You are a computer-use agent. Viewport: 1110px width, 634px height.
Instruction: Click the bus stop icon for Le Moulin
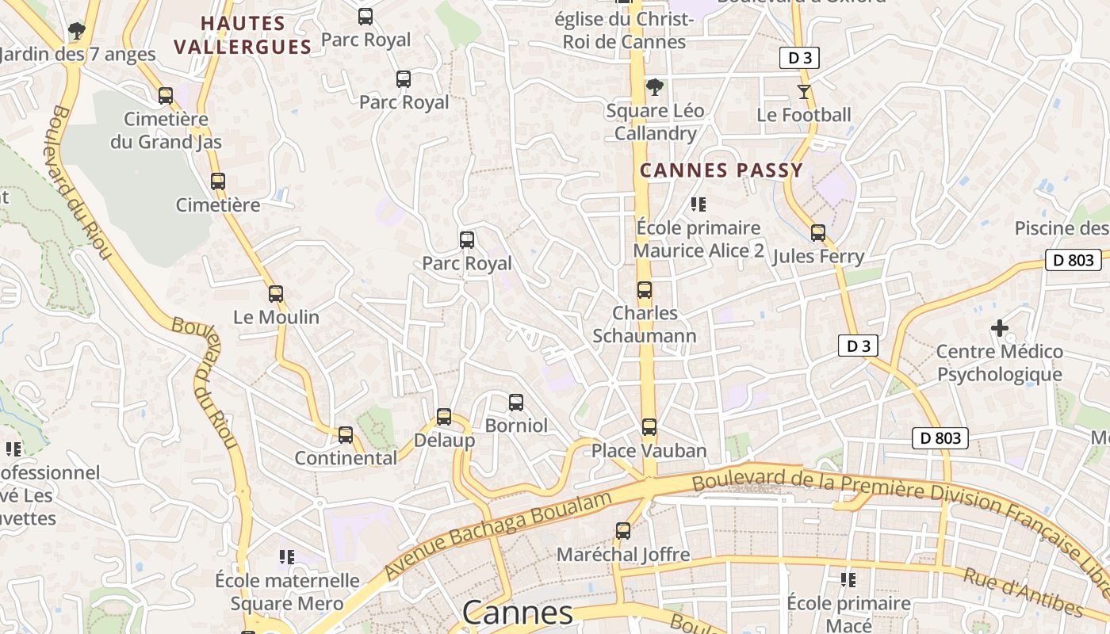pos(276,294)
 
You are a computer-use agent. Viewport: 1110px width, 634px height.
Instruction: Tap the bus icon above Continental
pos(346,435)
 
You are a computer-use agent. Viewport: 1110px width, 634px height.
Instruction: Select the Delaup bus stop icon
pos(444,417)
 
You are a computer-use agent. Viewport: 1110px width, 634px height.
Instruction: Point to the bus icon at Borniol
pos(516,403)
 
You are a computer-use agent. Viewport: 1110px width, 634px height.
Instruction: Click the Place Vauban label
pos(649,451)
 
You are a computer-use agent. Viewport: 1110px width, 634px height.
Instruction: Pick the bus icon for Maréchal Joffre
pos(623,531)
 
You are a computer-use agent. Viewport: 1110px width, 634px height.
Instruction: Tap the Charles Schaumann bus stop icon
pos(645,290)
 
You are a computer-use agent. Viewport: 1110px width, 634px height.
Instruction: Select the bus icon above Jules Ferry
pos(818,233)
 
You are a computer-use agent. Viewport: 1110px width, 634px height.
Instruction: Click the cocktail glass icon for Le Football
pos(804,92)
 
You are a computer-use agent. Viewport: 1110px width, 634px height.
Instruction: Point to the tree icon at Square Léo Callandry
pos(654,87)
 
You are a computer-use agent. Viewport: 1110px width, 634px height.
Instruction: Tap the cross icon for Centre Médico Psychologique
pos(1000,327)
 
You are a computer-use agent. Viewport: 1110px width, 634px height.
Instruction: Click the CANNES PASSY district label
pos(721,170)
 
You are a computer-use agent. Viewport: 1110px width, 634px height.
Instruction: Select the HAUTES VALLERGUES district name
pos(243,36)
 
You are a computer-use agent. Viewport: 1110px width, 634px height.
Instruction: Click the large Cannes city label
pos(517,613)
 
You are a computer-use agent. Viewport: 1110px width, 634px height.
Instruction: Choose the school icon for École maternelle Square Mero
pos(287,557)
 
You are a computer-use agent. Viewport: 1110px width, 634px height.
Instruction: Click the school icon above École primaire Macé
pos(848,580)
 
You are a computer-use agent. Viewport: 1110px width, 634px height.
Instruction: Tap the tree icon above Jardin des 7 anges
pos(77,32)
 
